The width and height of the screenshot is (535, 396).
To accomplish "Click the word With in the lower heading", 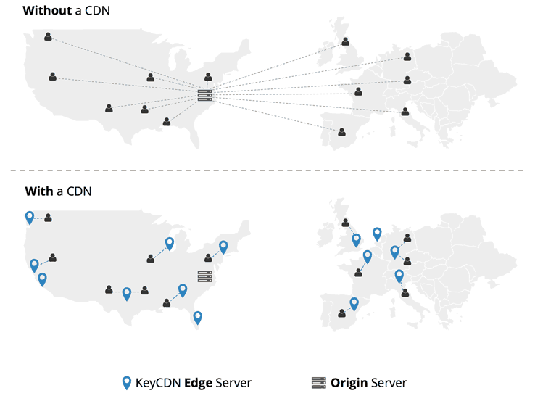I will [38, 191].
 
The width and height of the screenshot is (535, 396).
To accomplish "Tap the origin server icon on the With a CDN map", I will [204, 276].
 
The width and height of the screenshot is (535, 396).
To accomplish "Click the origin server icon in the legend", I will [318, 382].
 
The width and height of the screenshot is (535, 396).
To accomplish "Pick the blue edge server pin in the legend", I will [126, 382].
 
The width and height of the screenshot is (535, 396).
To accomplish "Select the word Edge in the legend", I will [199, 382].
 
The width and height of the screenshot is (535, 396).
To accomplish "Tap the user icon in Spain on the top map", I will [341, 132].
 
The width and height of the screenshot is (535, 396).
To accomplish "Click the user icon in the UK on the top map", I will [345, 41].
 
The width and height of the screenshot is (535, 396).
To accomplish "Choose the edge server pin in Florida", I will [197, 317].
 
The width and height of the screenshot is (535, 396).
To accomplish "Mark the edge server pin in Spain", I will [354, 303].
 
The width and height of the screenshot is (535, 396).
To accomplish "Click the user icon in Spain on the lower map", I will [341, 313].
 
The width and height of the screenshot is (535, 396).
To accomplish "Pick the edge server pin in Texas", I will [127, 293].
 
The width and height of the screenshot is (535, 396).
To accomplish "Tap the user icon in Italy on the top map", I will [405, 112].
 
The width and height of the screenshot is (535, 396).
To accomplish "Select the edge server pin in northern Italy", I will [399, 276].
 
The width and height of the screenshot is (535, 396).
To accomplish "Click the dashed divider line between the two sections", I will [267, 170].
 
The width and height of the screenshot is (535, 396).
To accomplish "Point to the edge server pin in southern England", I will [356, 239].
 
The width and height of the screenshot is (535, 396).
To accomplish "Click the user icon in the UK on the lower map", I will [345, 223].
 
